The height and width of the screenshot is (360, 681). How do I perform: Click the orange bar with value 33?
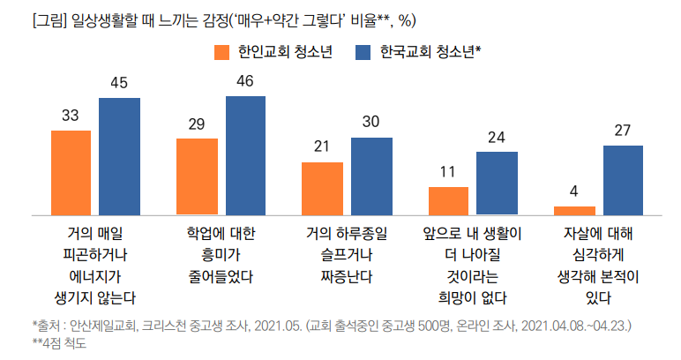71,172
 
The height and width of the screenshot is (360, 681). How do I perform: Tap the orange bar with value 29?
197,176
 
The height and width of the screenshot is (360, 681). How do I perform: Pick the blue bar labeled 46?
245,154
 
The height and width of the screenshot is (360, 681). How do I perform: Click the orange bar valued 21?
322,188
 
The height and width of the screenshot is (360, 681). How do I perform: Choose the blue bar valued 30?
370,176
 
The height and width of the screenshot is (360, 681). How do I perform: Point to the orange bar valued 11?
448,200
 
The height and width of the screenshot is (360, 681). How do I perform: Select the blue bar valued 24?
497,183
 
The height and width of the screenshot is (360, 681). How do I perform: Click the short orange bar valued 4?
573,210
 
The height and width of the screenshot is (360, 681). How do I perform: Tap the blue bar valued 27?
622,179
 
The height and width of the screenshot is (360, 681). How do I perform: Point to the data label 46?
245,81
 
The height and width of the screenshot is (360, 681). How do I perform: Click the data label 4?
573,191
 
